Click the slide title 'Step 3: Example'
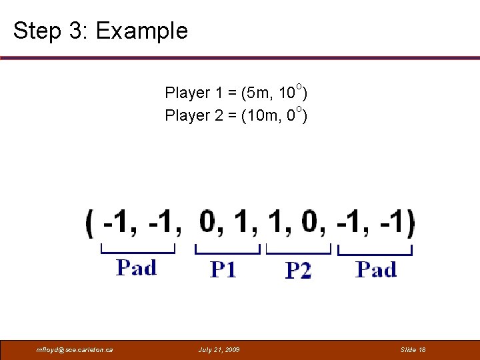click(101, 31)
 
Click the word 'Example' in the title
click(142, 31)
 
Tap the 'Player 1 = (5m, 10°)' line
click(236, 92)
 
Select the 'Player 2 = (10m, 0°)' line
click(236, 115)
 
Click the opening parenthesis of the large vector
click(90, 222)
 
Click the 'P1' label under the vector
click(223, 269)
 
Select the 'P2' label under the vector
click(298, 270)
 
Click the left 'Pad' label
click(137, 268)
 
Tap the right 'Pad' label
click(376, 269)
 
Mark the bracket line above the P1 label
click(227, 252)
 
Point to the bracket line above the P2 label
click(299, 252)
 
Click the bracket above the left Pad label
click(137, 252)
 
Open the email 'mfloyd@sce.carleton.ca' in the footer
click(75, 349)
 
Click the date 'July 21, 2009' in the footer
click(220, 349)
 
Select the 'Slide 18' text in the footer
click(413, 349)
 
